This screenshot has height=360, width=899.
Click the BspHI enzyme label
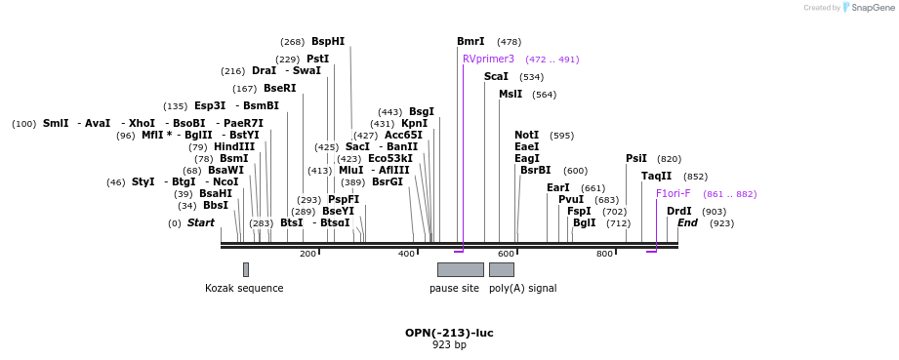point(328,42)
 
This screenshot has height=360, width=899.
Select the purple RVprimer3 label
point(488,60)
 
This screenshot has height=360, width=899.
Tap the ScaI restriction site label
point(496,77)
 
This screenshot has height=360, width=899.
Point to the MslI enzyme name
point(511,95)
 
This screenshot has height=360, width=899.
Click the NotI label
point(526,136)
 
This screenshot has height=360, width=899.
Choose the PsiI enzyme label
point(636,159)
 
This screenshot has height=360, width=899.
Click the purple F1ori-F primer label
point(673,194)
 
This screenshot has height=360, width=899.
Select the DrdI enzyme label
point(678,212)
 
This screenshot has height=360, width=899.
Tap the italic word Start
point(201,223)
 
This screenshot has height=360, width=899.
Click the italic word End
point(687,223)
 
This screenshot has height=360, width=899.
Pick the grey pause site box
point(460,269)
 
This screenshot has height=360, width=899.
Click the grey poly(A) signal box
point(501,269)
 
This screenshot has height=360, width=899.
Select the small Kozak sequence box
point(245,269)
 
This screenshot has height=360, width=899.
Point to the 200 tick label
point(307,255)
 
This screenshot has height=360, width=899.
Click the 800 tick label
point(604,255)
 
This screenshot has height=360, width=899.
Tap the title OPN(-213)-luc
point(449,333)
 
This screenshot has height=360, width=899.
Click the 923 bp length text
point(449,345)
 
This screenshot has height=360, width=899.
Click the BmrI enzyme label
point(470,42)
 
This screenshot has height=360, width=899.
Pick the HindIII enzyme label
point(234,147)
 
